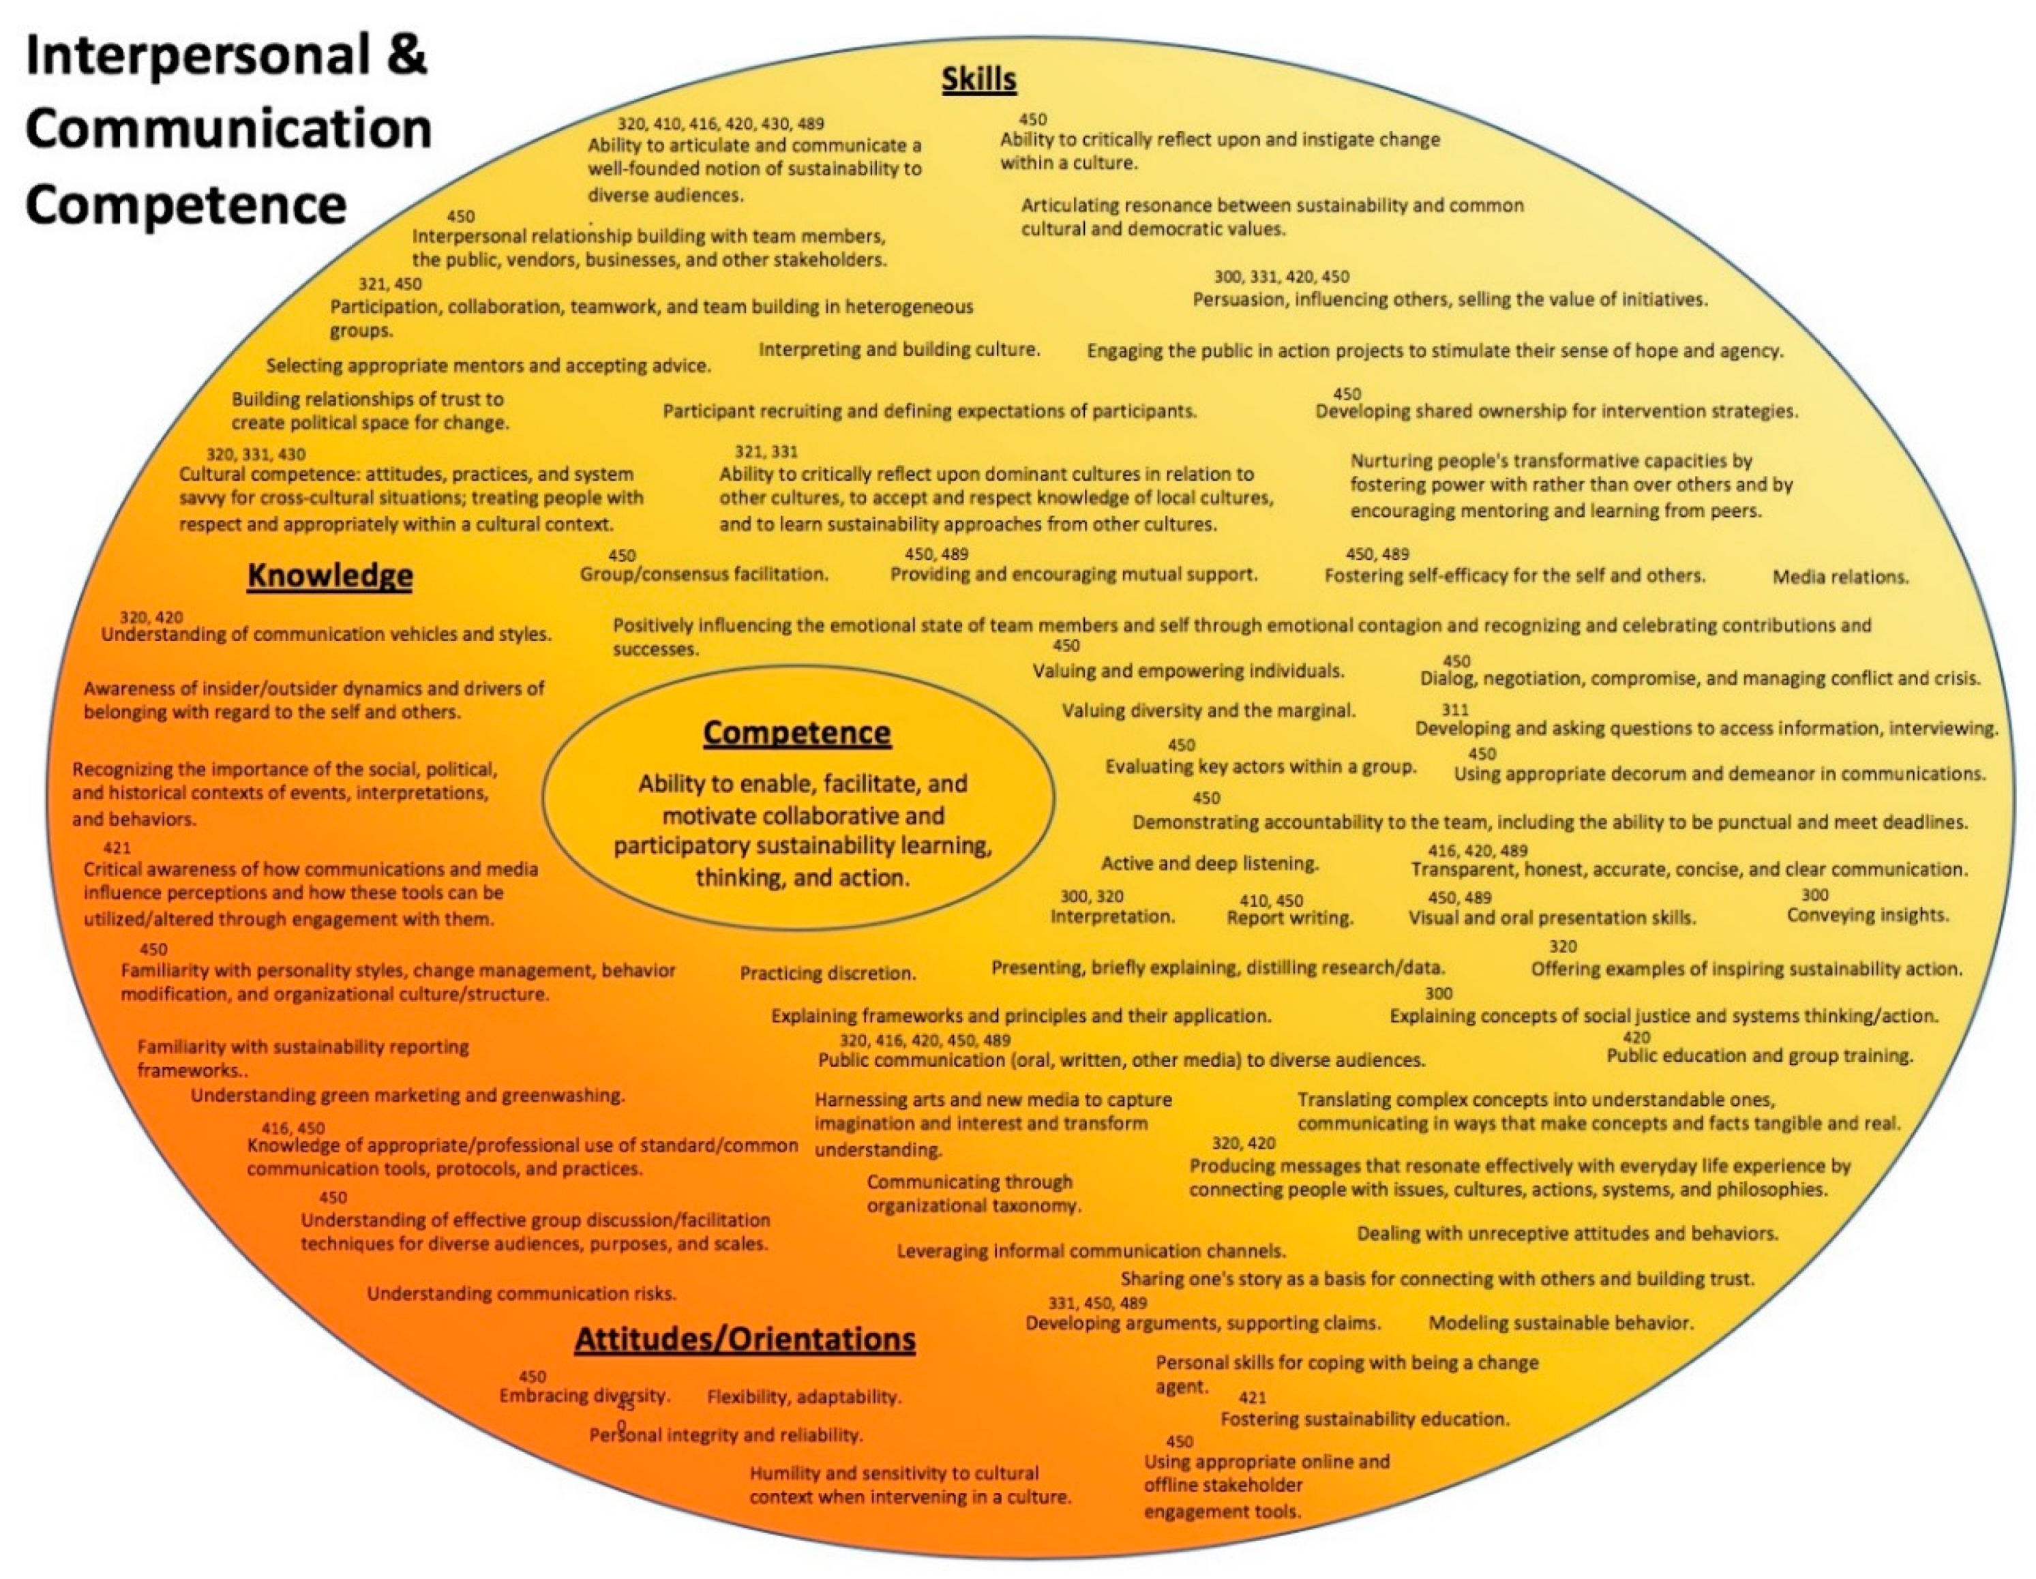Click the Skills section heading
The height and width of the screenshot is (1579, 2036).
978,80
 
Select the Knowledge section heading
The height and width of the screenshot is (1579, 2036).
330,576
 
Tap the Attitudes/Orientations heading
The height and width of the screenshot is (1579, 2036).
745,1340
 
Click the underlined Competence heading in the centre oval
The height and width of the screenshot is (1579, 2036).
797,733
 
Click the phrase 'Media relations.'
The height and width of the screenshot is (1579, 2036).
1840,577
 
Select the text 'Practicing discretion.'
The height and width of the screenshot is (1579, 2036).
828,973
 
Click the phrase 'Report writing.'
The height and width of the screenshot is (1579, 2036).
1290,918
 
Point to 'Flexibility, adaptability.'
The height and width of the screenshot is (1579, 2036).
804,1397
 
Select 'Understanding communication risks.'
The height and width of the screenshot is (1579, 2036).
521,1294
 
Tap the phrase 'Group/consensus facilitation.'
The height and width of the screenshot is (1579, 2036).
704,574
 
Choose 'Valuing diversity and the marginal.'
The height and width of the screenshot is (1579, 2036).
1209,711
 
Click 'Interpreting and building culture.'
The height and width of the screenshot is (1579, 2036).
899,350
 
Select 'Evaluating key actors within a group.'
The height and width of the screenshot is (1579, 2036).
1260,767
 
